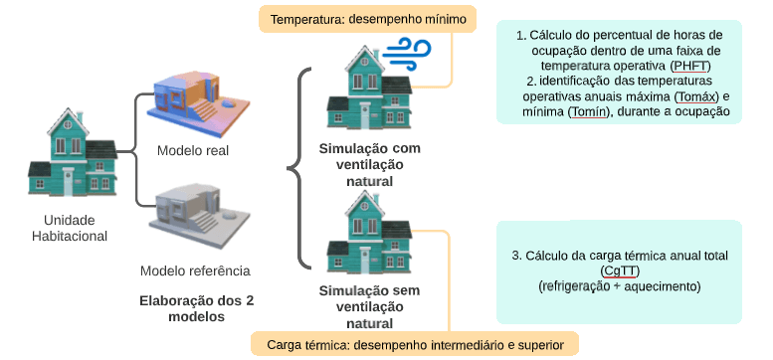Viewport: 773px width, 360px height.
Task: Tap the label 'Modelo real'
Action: pyautogui.click(x=193, y=151)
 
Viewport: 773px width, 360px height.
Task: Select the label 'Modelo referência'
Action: pyautogui.click(x=195, y=270)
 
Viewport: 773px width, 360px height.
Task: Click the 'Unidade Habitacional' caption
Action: pyautogui.click(x=76, y=228)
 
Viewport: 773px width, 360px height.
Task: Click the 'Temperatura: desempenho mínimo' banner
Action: pyautogui.click(x=354, y=19)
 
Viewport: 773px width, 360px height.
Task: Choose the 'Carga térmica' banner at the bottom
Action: pyautogui.click(x=422, y=345)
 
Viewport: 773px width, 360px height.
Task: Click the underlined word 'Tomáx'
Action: pyautogui.click(x=694, y=96)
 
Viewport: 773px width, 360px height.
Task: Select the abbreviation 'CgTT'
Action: pyautogui.click(x=619, y=270)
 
